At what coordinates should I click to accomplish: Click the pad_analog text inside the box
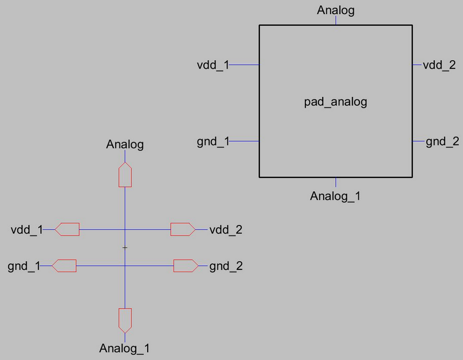click(336, 102)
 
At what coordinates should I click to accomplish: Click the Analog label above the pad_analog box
click(336, 10)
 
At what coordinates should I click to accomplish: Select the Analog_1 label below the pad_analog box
click(335, 197)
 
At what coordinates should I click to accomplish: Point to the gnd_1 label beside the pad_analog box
click(213, 142)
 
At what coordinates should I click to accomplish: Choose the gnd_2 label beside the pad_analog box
click(442, 141)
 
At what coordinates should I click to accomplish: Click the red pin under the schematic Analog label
click(125, 175)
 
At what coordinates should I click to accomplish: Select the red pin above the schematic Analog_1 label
click(125, 320)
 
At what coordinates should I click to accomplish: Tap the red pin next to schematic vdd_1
click(67, 229)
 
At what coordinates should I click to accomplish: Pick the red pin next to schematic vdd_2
click(183, 229)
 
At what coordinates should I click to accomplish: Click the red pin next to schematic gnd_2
click(185, 266)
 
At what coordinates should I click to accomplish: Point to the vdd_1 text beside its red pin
click(27, 230)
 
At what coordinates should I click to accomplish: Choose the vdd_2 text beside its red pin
click(226, 230)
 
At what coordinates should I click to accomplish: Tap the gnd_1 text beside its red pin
click(24, 266)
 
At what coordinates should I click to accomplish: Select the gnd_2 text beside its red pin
click(226, 266)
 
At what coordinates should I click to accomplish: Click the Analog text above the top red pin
click(125, 144)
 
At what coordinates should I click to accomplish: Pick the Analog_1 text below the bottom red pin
click(125, 348)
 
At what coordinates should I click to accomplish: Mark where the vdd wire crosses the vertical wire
click(125, 229)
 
